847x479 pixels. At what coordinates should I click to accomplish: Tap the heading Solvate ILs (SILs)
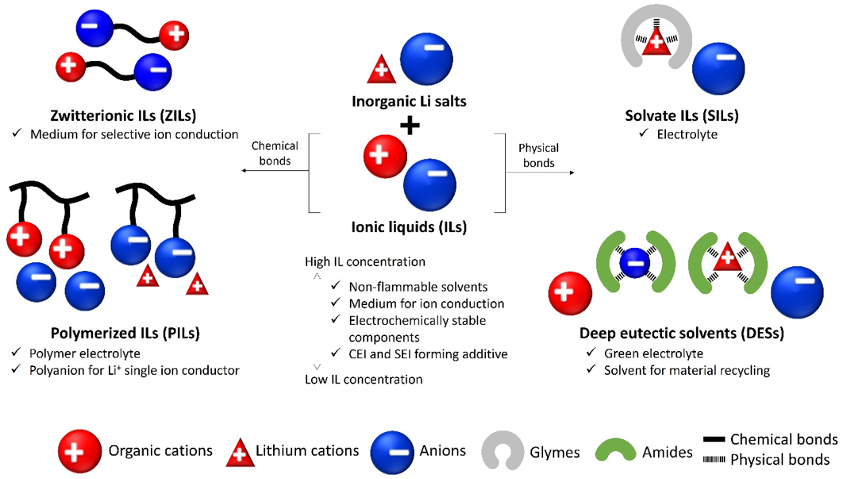pyautogui.click(x=681, y=116)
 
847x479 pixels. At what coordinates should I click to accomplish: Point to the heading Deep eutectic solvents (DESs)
pyautogui.click(x=681, y=334)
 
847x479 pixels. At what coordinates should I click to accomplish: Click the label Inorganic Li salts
pyautogui.click(x=409, y=102)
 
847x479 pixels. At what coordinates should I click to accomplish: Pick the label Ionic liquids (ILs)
pyautogui.click(x=409, y=226)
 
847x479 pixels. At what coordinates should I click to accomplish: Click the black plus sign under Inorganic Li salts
pyautogui.click(x=410, y=124)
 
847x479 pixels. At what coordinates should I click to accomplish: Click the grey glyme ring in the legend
pyautogui.click(x=503, y=450)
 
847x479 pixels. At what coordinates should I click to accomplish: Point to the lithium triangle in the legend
pyautogui.click(x=239, y=452)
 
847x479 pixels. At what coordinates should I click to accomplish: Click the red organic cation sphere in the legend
pyautogui.click(x=80, y=450)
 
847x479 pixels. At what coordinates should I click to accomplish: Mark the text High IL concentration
pyautogui.click(x=365, y=261)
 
